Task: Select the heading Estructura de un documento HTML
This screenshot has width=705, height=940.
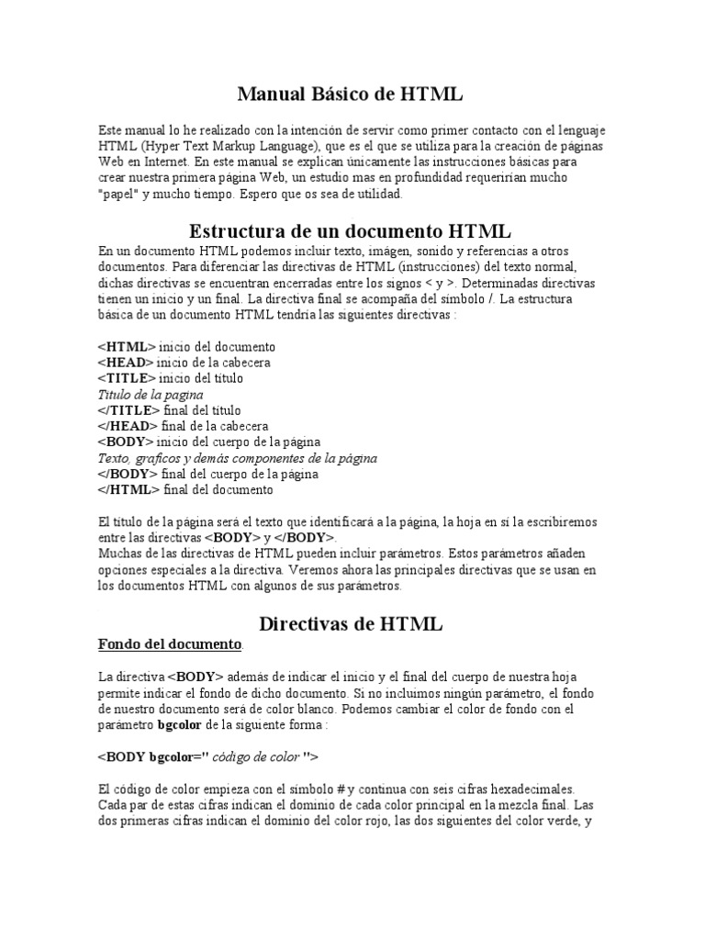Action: pos(350,229)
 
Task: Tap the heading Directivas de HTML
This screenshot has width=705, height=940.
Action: pos(351,623)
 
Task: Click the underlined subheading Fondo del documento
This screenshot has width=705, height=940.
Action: pos(170,643)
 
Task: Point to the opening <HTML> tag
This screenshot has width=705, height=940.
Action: pos(127,347)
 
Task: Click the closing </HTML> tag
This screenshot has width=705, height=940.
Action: pos(129,489)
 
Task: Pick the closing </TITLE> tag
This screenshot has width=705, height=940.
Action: pos(129,410)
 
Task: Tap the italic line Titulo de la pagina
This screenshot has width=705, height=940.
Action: pos(151,394)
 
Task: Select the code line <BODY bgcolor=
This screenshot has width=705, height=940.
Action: pos(207,757)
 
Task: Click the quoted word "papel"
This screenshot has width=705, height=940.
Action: pos(117,196)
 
